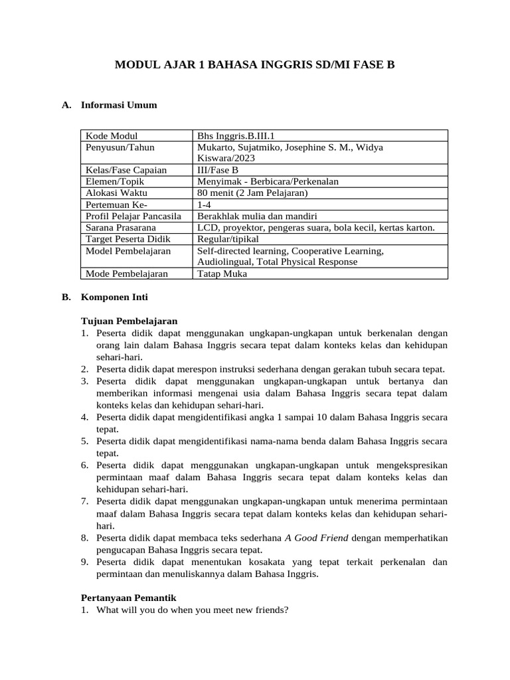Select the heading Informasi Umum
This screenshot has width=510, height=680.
(x=118, y=105)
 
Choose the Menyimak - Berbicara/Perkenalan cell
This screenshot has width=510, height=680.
(x=268, y=181)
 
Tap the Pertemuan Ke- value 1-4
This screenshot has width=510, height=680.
(x=204, y=205)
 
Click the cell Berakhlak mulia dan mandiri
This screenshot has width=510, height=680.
(x=257, y=216)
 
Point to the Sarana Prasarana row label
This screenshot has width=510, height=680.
(x=116, y=228)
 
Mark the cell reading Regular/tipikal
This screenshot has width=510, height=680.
(x=228, y=239)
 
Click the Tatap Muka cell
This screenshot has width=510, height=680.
(x=222, y=274)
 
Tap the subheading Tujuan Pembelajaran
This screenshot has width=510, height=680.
(x=129, y=321)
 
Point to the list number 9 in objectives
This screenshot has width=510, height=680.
(x=85, y=562)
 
